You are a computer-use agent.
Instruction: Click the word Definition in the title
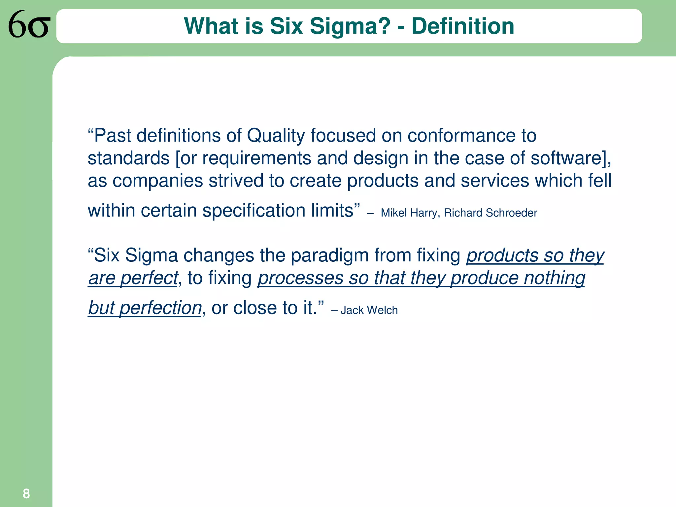tap(463, 26)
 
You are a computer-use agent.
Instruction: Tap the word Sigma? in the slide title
tap(350, 26)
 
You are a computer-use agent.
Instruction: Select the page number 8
tap(26, 494)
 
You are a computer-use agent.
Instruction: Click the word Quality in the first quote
tap(276, 136)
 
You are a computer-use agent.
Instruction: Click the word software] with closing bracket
tap(570, 158)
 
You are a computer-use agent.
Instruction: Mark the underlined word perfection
tap(160, 308)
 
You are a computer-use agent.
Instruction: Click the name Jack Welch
tap(369, 310)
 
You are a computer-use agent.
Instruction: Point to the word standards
tap(128, 158)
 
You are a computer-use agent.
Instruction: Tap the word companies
tap(157, 181)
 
